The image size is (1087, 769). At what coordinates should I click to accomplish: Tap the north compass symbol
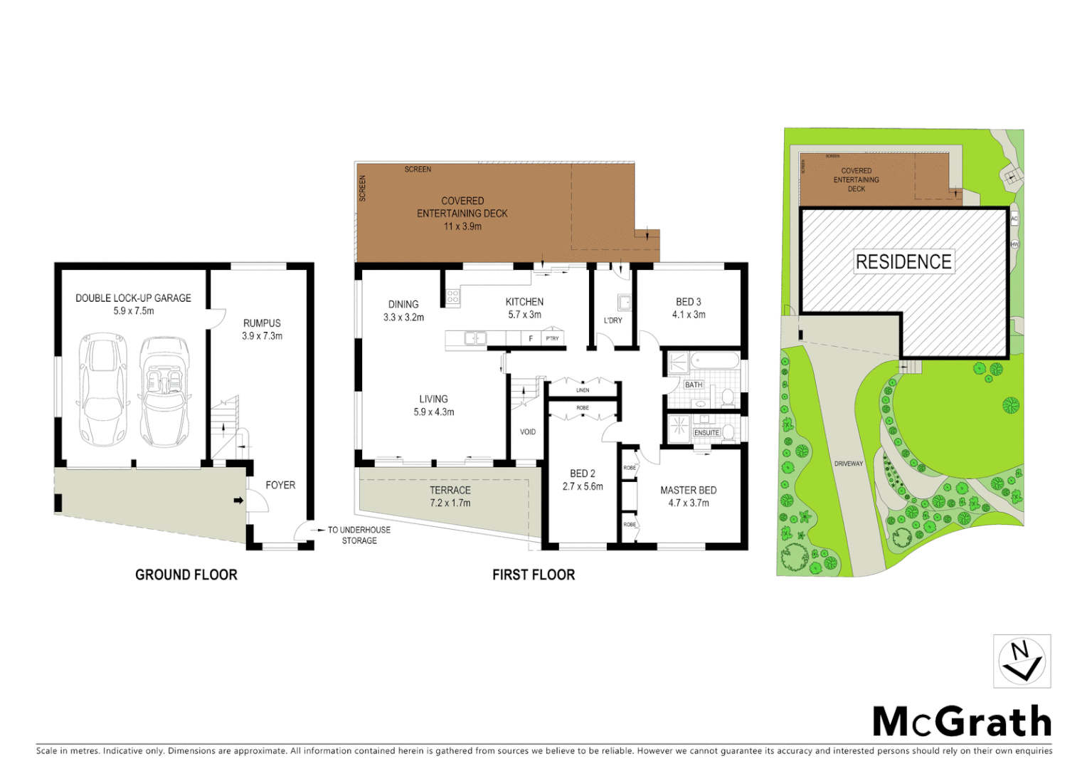pyautogui.click(x=1022, y=661)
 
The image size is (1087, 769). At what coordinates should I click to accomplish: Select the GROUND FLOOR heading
pyautogui.click(x=186, y=575)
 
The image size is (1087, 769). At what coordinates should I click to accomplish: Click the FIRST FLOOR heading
pyautogui.click(x=534, y=575)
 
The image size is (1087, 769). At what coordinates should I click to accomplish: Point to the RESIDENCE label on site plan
pyautogui.click(x=903, y=262)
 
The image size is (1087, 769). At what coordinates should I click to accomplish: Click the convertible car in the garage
pyautogui.click(x=165, y=391)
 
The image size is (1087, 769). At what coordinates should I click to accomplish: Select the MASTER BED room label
pyautogui.click(x=688, y=490)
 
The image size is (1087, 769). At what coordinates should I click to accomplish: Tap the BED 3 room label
pyautogui.click(x=689, y=302)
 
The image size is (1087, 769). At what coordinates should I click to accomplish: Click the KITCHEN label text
pyautogui.click(x=524, y=302)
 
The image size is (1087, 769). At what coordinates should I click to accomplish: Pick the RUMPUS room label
pyautogui.click(x=262, y=323)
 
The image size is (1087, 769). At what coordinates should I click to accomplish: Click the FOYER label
pyautogui.click(x=280, y=485)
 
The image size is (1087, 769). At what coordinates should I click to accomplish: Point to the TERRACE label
pyautogui.click(x=450, y=490)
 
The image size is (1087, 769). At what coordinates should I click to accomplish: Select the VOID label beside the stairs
pyautogui.click(x=528, y=431)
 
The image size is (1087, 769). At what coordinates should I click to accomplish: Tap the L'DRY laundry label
pyautogui.click(x=613, y=320)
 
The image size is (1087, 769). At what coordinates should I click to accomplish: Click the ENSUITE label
pyautogui.click(x=706, y=432)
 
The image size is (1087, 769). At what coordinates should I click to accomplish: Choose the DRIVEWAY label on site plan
pyautogui.click(x=848, y=464)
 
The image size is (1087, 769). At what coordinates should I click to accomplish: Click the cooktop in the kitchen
pyautogui.click(x=453, y=297)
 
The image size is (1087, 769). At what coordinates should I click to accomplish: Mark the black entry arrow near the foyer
pyautogui.click(x=238, y=501)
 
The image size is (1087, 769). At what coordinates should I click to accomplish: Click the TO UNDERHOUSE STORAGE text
pyautogui.click(x=359, y=535)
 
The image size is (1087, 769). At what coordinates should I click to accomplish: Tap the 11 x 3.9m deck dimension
pyautogui.click(x=462, y=226)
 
